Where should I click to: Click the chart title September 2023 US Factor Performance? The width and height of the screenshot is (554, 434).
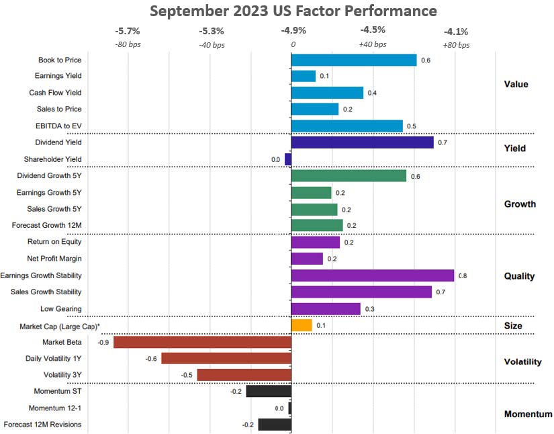coord(293,11)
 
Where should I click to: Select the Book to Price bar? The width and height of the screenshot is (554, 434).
coord(354,60)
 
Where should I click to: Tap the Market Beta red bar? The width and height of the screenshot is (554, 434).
coord(202,342)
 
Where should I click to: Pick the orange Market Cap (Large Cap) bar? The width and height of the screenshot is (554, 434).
coord(302,325)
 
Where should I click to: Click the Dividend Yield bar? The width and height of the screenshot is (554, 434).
coord(362,142)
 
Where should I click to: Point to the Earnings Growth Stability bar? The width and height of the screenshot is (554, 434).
coord(373,275)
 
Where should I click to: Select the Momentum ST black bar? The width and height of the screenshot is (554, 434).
coord(269,391)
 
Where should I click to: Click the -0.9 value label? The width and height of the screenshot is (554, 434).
coord(104,342)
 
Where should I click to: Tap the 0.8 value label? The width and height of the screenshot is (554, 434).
coord(463,275)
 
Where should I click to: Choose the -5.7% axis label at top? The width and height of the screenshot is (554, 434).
coord(127,30)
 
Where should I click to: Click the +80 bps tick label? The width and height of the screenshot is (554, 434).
coord(457,44)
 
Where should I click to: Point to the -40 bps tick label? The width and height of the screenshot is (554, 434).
coord(212,44)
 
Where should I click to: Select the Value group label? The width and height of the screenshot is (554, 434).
coord(516,84)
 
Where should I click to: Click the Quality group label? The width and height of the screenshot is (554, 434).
coord(519,275)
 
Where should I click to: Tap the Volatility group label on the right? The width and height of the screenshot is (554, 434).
coord(522,361)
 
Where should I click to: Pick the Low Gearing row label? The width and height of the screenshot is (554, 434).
coord(61,309)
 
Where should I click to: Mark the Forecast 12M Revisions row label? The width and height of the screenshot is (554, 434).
coord(42,425)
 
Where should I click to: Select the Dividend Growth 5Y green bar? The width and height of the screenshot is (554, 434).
coord(349,175)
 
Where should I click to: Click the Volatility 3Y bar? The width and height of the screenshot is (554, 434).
coord(244,375)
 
